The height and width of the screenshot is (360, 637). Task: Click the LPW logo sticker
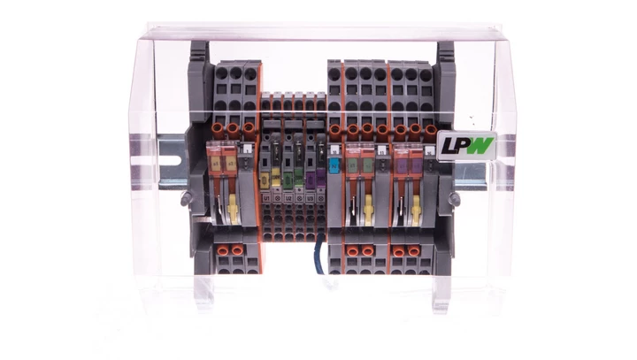[457, 144]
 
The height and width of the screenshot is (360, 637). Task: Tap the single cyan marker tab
[334, 165]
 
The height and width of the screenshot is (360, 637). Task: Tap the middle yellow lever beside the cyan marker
[368, 210]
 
